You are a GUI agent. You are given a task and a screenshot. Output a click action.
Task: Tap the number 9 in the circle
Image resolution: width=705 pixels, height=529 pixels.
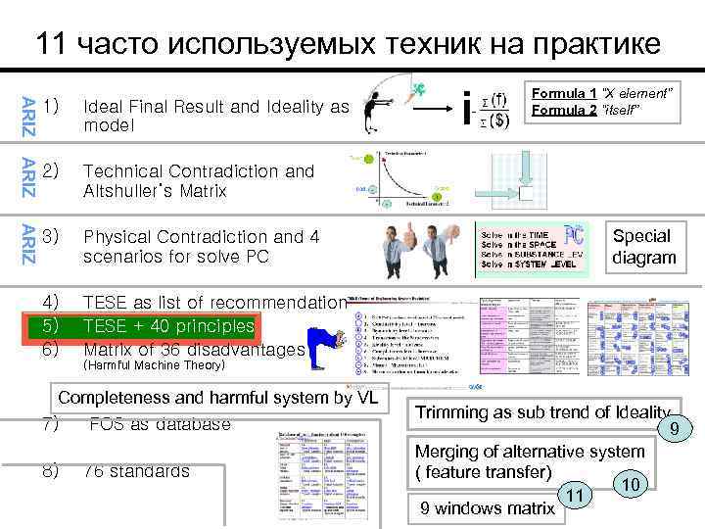(x=673, y=428)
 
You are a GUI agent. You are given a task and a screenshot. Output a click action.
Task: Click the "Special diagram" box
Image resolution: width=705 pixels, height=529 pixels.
(x=643, y=247)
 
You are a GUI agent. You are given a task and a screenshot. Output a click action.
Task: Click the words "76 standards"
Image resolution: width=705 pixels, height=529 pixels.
(x=137, y=471)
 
